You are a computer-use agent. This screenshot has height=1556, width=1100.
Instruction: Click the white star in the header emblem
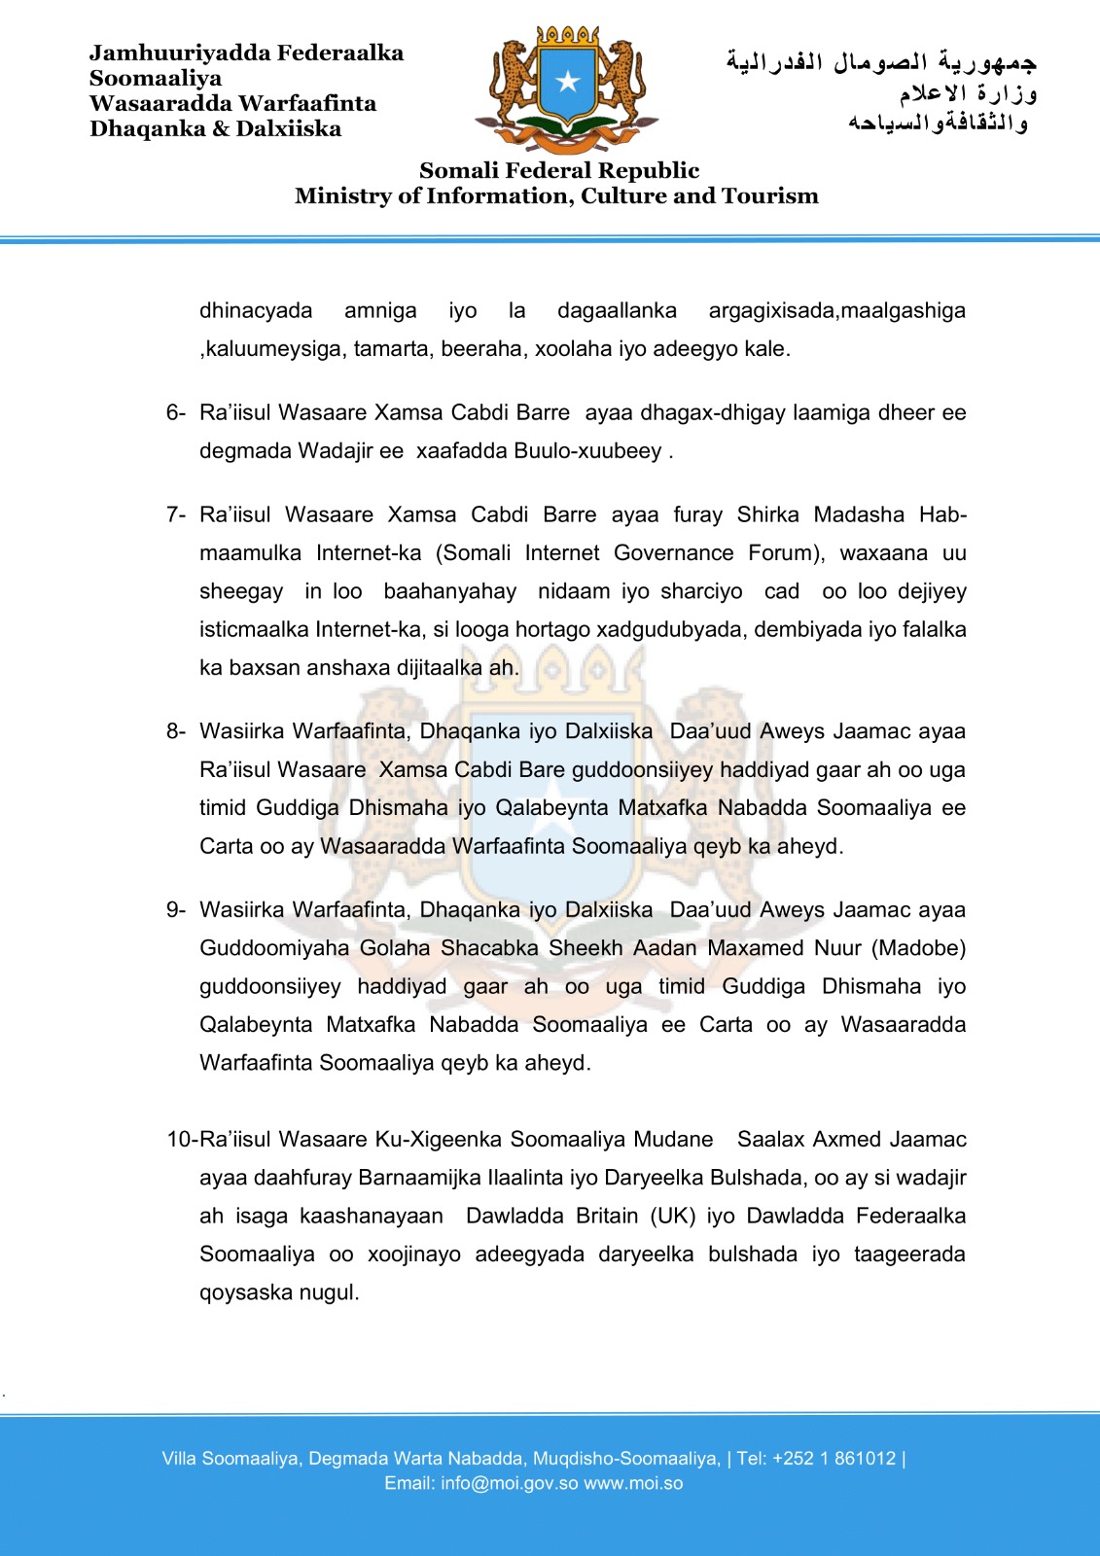pos(568,82)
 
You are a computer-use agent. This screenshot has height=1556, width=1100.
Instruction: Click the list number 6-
pos(175,412)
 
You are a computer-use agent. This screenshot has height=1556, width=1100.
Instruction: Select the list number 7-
pos(175,514)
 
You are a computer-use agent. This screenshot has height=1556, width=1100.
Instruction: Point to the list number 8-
pos(175,731)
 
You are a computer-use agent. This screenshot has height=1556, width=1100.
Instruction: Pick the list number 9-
pos(175,910)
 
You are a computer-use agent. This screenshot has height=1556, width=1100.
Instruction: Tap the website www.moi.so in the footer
pos(633,1484)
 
